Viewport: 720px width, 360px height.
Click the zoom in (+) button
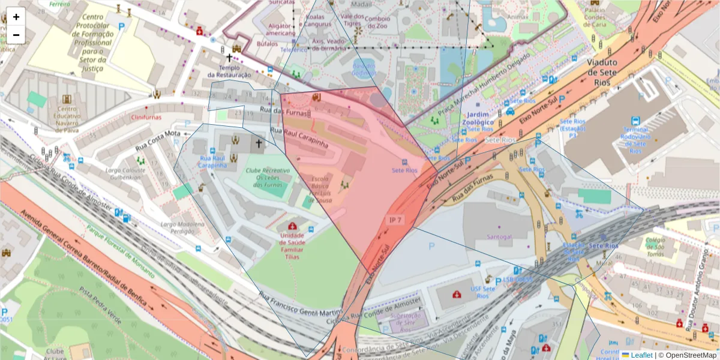(16, 17)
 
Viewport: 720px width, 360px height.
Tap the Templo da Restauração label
(229, 71)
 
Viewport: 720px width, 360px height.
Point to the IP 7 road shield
(396, 220)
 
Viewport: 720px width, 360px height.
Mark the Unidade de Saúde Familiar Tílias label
(292, 245)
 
